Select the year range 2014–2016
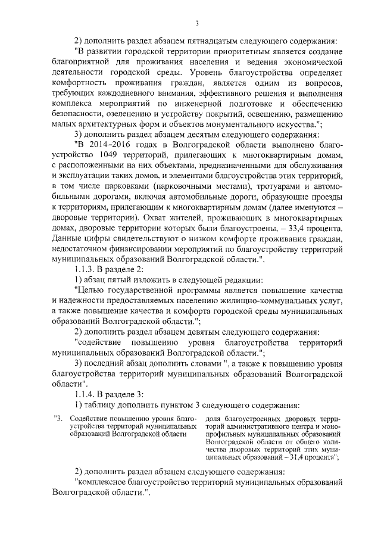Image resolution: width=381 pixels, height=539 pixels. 107,145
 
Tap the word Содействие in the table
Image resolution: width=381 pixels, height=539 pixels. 89,419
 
